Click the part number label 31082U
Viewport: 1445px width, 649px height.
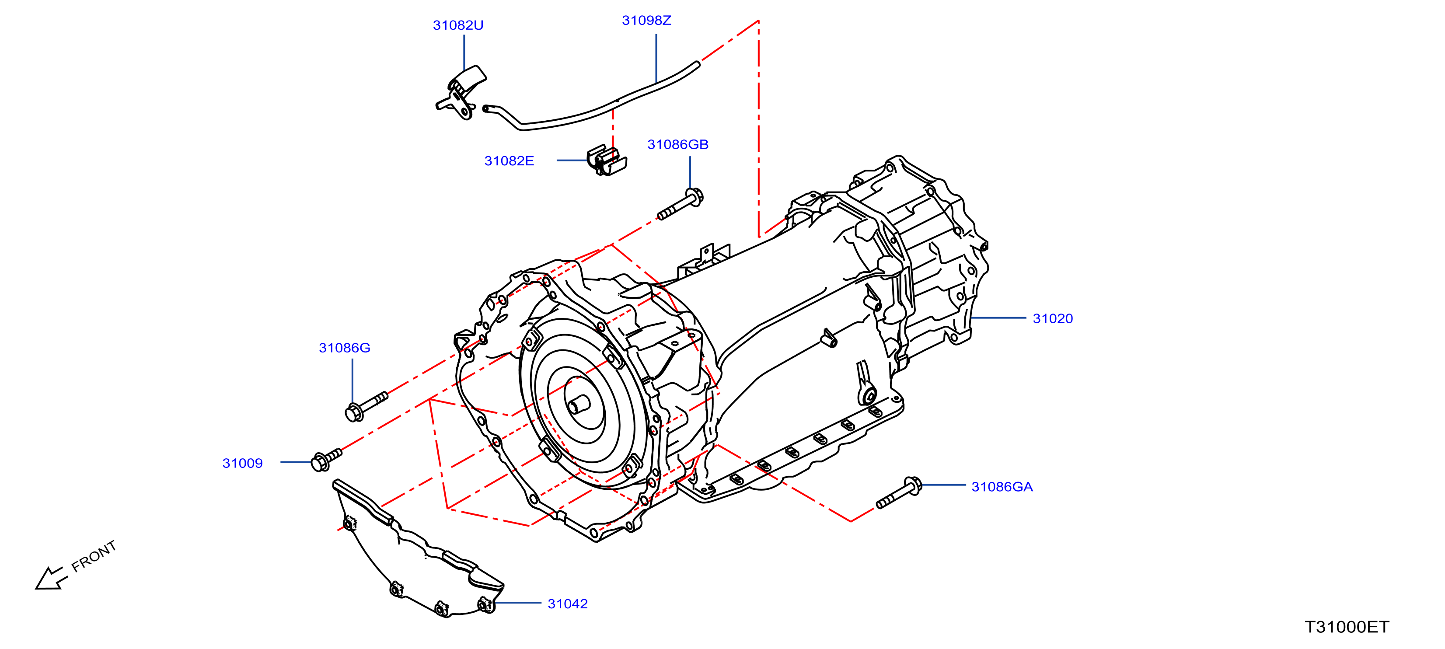point(458,25)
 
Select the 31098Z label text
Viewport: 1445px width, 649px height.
point(646,20)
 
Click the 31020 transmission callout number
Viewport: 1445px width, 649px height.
point(1052,319)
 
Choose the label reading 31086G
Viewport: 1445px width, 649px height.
point(345,348)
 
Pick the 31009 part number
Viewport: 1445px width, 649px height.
point(242,463)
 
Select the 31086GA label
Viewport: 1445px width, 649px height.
point(1002,487)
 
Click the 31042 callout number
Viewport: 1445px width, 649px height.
point(567,604)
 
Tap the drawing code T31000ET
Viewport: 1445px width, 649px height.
point(1347,627)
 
